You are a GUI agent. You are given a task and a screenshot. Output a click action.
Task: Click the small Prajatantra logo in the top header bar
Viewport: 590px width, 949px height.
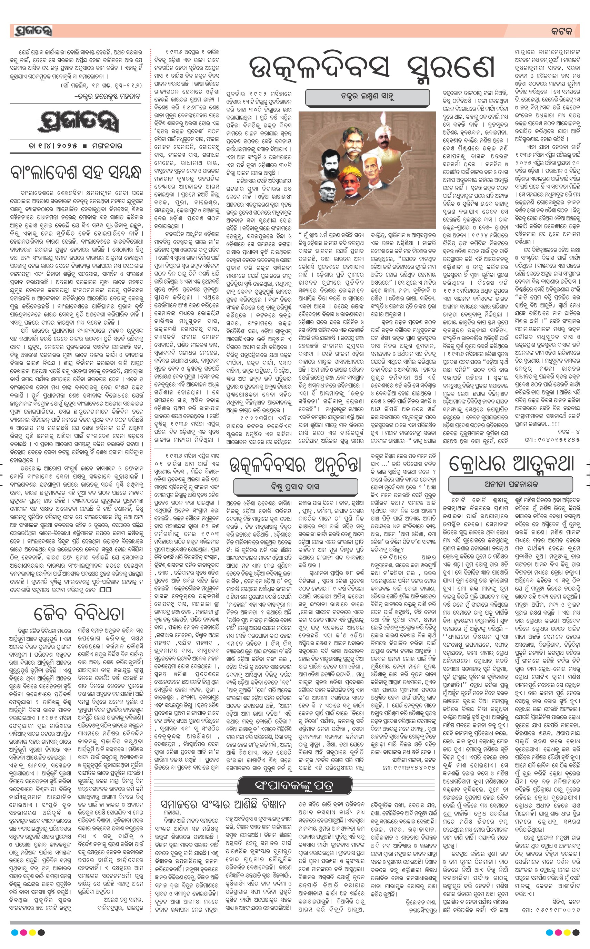click(33, 31)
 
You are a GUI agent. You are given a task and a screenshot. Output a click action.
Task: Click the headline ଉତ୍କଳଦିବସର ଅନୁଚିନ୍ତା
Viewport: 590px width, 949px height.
click(293, 465)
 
